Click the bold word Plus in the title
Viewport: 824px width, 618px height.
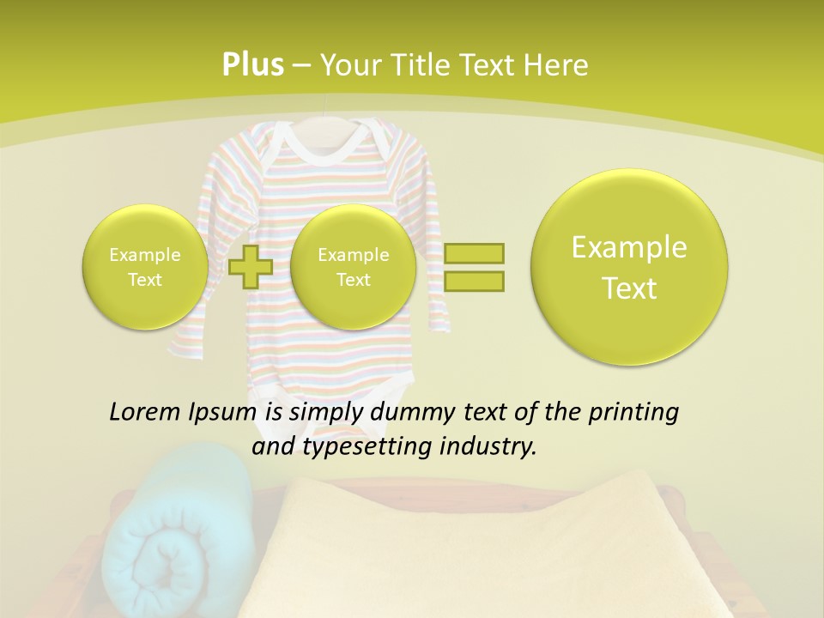point(252,65)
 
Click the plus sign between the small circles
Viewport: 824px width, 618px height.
point(251,266)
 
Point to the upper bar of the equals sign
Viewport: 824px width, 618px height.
point(474,253)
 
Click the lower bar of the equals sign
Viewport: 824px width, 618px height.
point(474,281)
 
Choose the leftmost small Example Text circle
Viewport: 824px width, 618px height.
point(144,266)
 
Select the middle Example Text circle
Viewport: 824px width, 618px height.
point(353,266)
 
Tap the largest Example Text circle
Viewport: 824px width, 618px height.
point(629,267)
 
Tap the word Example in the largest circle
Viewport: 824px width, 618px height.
point(629,247)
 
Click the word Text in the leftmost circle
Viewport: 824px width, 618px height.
point(144,280)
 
